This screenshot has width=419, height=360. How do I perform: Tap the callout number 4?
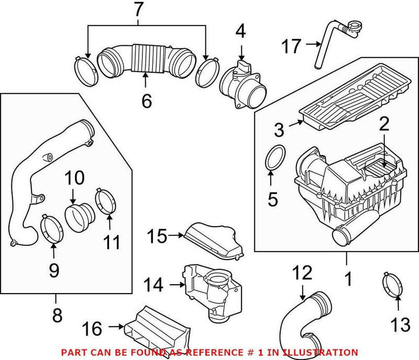(240, 31)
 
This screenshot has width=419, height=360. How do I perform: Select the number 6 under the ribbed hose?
(146, 99)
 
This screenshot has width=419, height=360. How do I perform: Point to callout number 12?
(302, 273)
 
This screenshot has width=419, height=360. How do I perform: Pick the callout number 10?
(74, 179)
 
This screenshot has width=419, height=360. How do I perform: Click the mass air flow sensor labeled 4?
(240, 84)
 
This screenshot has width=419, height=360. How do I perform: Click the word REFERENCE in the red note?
(218, 353)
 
